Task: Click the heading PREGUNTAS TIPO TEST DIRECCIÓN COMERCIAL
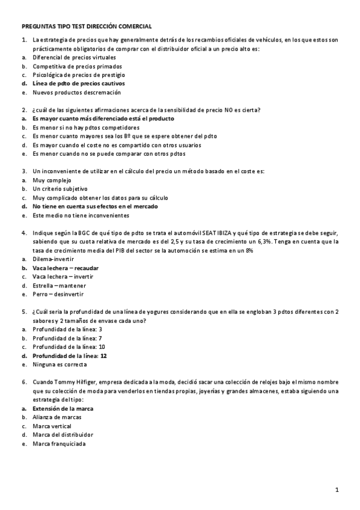pos(87,26)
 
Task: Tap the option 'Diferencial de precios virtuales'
pos(75,57)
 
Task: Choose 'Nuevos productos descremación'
pos(76,93)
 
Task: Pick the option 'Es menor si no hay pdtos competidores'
pos(85,127)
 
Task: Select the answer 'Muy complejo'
pos(52,180)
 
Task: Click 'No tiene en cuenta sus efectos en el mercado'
pos(95,206)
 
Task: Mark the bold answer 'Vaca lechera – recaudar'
pos(66,268)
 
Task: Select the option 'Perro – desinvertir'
pos(58,295)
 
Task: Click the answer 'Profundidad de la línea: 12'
pos(70,356)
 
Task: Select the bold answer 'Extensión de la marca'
pos(63,408)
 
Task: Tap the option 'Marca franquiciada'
pos(59,444)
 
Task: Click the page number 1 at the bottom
pos(337,490)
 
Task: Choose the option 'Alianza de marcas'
pos(57,417)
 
